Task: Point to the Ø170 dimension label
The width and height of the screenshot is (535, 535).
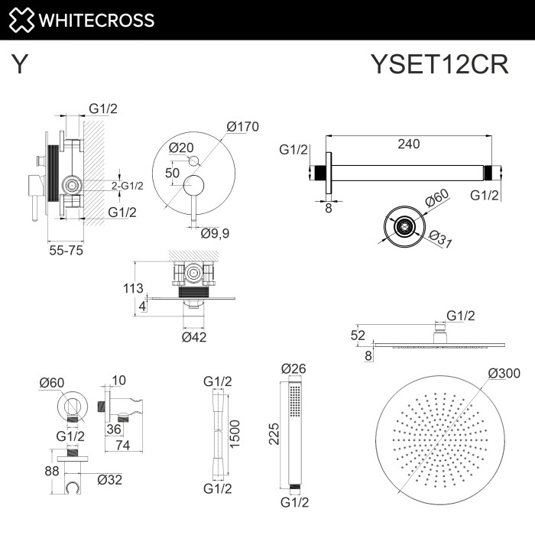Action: (x=242, y=127)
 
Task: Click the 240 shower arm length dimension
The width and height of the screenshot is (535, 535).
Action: (x=409, y=144)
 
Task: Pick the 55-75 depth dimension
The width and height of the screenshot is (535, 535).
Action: (x=66, y=249)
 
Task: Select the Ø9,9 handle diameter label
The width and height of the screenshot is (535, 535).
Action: (x=216, y=234)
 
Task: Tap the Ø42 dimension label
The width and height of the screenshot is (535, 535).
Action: (x=194, y=337)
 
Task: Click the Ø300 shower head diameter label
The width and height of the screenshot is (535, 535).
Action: (x=504, y=373)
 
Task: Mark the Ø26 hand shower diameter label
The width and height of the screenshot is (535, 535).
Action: (x=293, y=368)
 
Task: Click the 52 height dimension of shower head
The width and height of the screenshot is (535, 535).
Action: (x=357, y=334)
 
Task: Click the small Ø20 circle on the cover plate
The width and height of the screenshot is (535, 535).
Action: (x=193, y=160)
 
